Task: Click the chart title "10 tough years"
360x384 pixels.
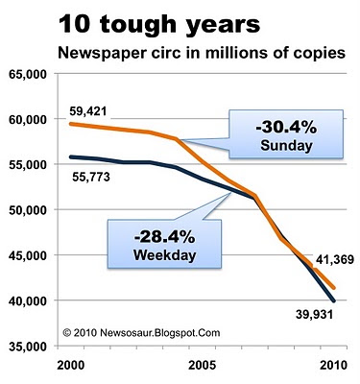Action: [159, 26]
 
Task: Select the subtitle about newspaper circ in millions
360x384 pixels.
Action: [202, 53]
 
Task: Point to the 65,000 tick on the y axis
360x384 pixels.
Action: [28, 74]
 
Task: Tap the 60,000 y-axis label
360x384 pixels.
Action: [28, 120]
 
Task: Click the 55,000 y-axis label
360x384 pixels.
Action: [28, 165]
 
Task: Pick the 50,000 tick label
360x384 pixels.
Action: [28, 210]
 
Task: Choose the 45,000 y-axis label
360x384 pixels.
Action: [28, 256]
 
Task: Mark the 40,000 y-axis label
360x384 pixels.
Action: [28, 301]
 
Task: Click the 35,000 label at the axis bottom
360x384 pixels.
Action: [28, 347]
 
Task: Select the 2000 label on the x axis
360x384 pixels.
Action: [71, 366]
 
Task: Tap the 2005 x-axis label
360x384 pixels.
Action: [203, 366]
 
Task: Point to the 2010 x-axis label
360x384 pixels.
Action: [333, 366]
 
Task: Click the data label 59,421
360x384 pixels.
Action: [88, 111]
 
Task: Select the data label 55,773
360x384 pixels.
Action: [91, 177]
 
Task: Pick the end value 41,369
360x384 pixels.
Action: [335, 259]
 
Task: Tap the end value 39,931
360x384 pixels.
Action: [314, 314]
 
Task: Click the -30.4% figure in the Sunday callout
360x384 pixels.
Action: [286, 128]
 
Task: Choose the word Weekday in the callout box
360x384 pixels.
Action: [164, 255]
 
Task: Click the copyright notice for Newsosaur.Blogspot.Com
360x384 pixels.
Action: [141, 333]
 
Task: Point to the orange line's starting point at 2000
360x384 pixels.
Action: [71, 124]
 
